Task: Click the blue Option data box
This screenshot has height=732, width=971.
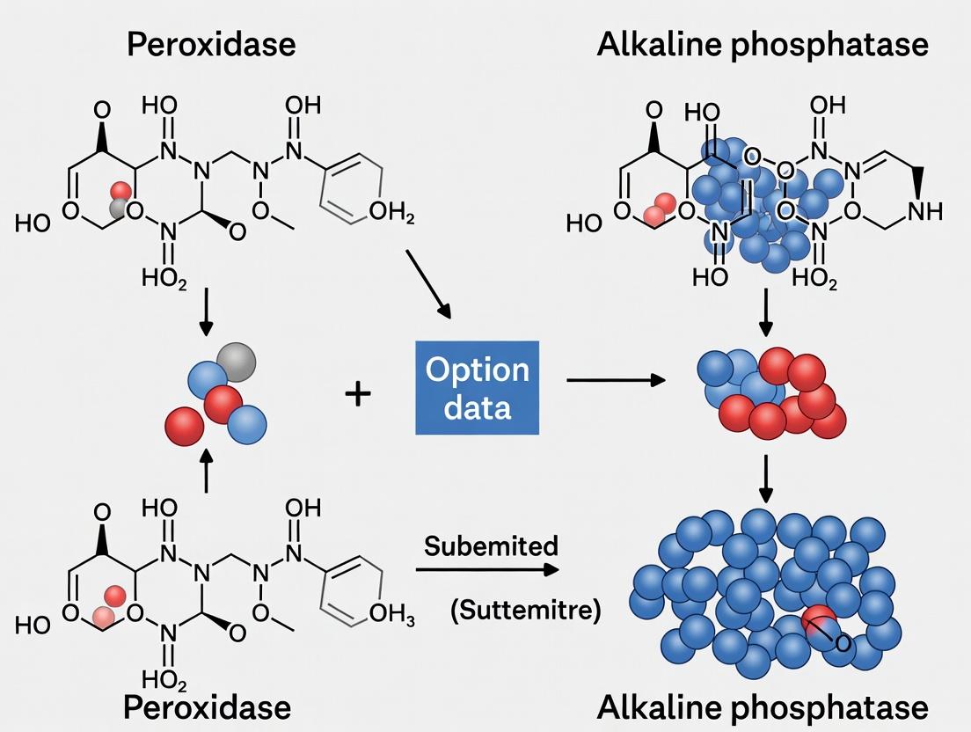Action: [x=477, y=387]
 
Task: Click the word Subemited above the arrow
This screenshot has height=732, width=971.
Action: [x=491, y=546]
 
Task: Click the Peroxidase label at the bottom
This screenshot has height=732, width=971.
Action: [x=207, y=706]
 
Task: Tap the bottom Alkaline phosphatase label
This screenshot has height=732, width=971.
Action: [x=762, y=706]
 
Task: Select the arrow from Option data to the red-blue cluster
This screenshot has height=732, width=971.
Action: [x=615, y=380]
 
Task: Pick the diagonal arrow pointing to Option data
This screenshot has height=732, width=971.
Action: [x=429, y=283]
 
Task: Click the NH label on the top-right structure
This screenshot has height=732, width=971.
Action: [x=923, y=211]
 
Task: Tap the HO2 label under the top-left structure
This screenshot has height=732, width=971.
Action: [x=164, y=279]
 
